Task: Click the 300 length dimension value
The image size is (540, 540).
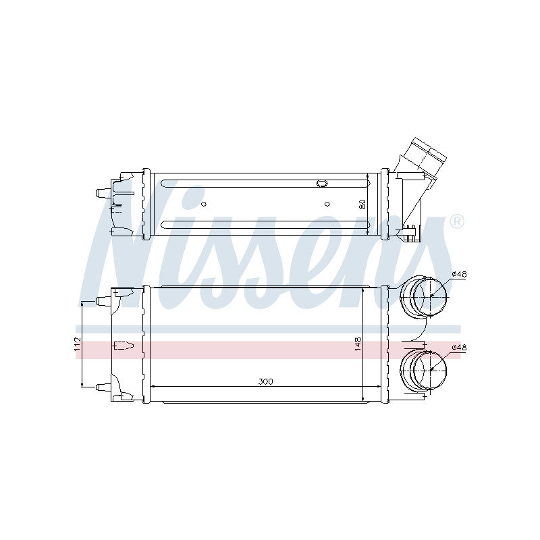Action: coord(265,381)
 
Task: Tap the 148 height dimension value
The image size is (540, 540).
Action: coord(358,344)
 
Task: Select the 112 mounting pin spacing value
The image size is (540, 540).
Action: coord(77,344)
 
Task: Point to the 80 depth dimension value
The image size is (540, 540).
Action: coord(362,204)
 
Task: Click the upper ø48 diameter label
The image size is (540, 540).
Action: coord(459,275)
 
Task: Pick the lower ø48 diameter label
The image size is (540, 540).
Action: coord(459,348)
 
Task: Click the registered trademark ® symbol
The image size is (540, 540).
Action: coord(457,222)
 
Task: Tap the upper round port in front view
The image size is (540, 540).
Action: coord(424,296)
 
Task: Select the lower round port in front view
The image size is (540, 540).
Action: coord(424,369)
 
